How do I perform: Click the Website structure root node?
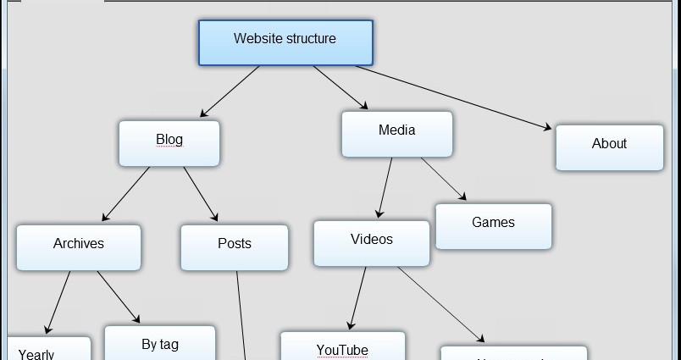tap(285, 42)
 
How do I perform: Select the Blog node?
tap(169, 142)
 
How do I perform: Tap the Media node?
tap(396, 134)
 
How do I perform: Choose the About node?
tap(609, 147)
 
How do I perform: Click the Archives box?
tap(79, 246)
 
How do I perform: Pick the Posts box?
tap(234, 246)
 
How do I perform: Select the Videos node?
tap(372, 243)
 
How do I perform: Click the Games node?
tap(493, 226)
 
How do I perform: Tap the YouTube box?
tap(342, 347)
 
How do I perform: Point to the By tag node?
tap(159, 345)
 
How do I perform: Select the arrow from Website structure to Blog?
tap(230, 91)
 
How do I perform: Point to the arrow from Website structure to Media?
tap(340, 88)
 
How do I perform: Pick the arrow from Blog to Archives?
tap(125, 194)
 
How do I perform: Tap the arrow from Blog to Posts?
tap(200, 194)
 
